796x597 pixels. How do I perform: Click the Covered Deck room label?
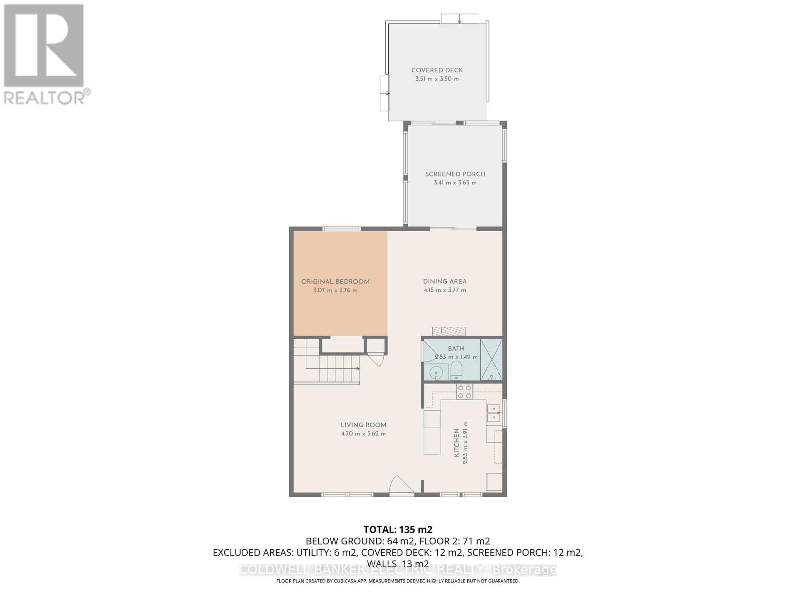(x=437, y=70)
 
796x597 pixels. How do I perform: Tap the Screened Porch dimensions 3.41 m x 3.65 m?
(x=455, y=183)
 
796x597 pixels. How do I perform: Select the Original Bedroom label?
(x=335, y=282)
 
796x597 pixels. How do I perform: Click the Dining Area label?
(x=445, y=281)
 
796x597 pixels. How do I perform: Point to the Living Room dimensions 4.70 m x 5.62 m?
(x=363, y=434)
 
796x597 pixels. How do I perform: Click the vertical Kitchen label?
(x=456, y=443)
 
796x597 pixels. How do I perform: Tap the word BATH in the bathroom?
(x=456, y=348)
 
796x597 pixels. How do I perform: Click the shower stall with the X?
(x=492, y=360)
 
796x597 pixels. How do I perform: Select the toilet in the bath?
(x=456, y=371)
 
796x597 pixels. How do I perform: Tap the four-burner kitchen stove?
(x=465, y=392)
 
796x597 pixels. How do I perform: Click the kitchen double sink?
(x=494, y=413)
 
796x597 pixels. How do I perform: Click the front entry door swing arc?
(x=401, y=485)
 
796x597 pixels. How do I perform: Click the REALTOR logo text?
(x=47, y=97)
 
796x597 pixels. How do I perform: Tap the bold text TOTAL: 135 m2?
(x=398, y=529)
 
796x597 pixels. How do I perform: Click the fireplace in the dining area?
(x=449, y=331)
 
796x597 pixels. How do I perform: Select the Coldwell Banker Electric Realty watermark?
(x=398, y=570)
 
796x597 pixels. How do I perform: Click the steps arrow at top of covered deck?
(x=460, y=19)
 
